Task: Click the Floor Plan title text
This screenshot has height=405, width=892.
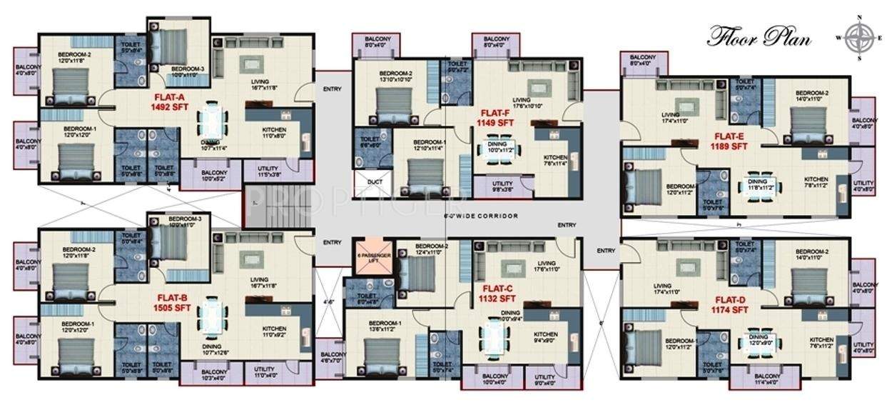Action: click(759, 36)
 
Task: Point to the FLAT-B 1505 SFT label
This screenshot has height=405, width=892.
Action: click(170, 303)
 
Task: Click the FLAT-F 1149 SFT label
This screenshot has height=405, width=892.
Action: click(494, 118)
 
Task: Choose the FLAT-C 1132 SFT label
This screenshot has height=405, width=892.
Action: click(497, 294)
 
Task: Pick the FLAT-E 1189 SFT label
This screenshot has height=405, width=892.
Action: click(729, 141)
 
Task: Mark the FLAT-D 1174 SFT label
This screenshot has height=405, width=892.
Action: click(729, 305)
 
